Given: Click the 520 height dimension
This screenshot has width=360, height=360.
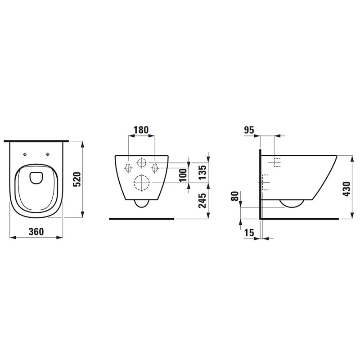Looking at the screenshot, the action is click(76, 179).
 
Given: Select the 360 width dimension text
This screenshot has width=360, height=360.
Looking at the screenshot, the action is click(36, 232).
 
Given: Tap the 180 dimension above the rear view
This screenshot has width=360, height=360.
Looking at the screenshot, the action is click(141, 130).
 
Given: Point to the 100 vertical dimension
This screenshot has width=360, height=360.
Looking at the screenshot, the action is click(183, 175).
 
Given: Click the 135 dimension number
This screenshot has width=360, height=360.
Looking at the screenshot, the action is click(202, 173).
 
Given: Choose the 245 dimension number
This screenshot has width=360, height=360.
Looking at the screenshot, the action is click(202, 201).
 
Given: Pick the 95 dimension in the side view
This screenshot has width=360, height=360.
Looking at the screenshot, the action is click(249, 130).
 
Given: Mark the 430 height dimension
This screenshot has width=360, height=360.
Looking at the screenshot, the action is click(346, 189).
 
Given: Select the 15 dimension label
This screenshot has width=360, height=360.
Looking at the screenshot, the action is click(249, 233).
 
